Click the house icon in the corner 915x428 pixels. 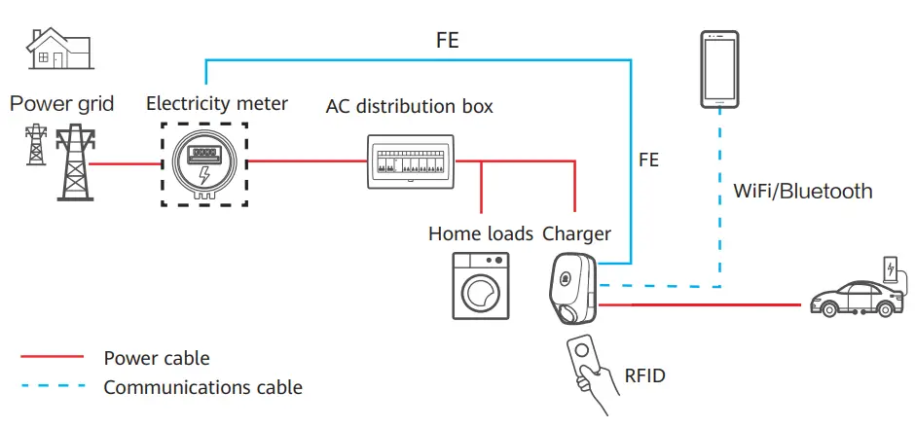point(59,50)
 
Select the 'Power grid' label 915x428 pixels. point(61,103)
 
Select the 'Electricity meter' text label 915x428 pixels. point(216,103)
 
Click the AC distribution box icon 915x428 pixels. point(410,160)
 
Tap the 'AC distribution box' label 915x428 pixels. point(409,106)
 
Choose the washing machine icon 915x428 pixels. point(480,286)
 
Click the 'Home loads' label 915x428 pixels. point(481,233)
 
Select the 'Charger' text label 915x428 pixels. point(576,233)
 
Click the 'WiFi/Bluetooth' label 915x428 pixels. point(802,192)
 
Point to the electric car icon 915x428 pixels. point(853,298)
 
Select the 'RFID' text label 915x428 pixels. point(643,375)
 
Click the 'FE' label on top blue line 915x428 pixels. point(447,41)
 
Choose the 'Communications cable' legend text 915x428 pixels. point(203,387)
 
